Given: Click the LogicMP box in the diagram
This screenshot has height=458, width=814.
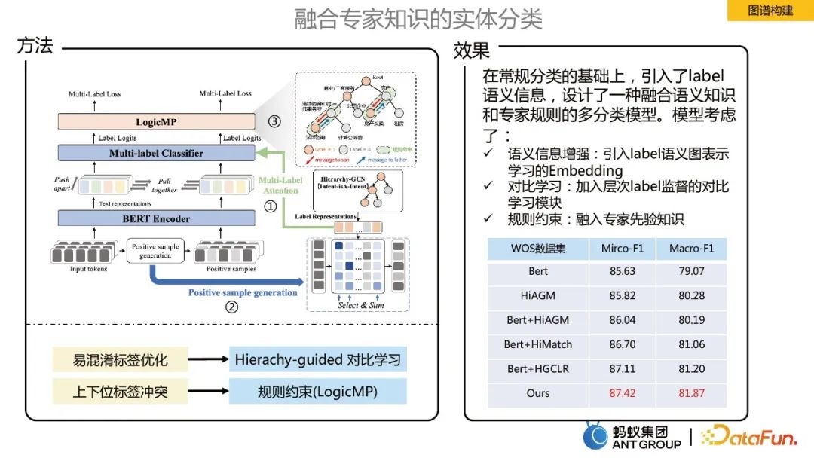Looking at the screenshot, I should (x=156, y=121).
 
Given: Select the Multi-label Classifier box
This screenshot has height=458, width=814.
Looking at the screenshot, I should (x=156, y=153).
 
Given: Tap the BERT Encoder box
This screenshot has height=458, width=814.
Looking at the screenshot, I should (x=156, y=218).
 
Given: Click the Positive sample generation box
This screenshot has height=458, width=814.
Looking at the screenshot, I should (x=155, y=251).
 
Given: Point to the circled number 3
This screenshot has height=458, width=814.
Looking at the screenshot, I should (x=274, y=122).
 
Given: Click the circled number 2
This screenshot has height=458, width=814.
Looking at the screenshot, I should (x=232, y=307).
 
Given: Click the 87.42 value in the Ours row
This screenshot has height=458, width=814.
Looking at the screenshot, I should (x=622, y=393).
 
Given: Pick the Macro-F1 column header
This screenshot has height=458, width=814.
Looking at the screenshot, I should (x=691, y=249).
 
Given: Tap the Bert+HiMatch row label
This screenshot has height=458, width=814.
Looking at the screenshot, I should (x=538, y=344).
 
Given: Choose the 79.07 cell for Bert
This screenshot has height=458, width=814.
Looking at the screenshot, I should (x=691, y=271).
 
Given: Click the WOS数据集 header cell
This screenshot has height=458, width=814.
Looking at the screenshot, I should (x=538, y=249).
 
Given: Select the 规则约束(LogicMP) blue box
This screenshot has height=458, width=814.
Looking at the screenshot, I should (x=317, y=392).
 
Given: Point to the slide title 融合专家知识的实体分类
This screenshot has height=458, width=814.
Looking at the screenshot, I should (x=418, y=20).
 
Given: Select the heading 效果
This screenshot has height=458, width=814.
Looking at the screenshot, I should (x=472, y=50).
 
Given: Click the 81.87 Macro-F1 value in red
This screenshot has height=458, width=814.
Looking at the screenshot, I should (x=691, y=393).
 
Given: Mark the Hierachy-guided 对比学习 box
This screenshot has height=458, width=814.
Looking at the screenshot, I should (x=317, y=359).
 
